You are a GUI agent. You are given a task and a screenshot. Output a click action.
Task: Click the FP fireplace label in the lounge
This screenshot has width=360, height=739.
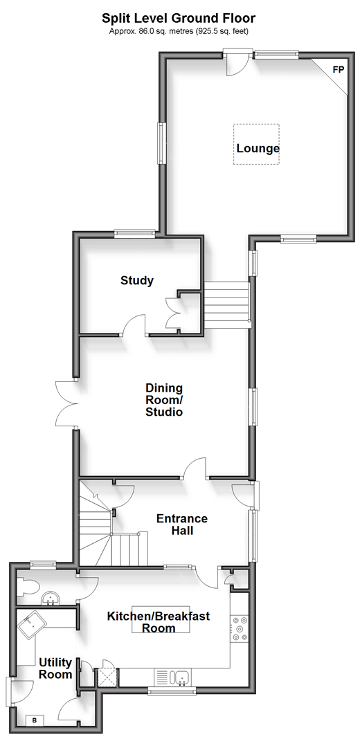point(339,70)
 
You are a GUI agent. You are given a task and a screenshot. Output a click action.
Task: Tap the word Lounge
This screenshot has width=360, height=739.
point(258,149)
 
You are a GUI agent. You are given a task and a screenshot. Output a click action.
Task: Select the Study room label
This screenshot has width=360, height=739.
point(137,281)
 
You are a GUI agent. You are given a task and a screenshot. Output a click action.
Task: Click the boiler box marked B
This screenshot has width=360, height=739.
point(35,720)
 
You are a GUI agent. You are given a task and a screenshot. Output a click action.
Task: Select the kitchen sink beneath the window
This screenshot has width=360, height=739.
point(180,677)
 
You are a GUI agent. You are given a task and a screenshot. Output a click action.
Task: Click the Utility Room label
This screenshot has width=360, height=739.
point(55,668)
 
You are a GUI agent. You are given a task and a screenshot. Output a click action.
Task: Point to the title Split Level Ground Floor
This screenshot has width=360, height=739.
point(179,19)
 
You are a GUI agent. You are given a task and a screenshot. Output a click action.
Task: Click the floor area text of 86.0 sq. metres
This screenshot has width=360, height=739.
point(179,32)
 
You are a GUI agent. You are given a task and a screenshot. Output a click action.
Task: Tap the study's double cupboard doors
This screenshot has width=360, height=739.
point(172,313)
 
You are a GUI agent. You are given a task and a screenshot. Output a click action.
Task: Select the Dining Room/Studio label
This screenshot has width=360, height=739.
point(163,400)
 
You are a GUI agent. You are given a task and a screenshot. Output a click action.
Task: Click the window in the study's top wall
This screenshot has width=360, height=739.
point(134,232)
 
